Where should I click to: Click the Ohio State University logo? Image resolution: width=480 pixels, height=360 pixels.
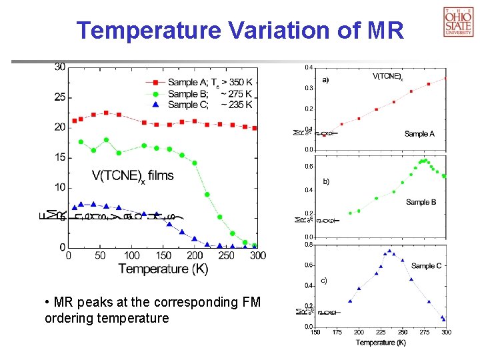click(x=458, y=21)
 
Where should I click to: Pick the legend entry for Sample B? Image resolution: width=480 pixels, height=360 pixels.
click(x=200, y=93)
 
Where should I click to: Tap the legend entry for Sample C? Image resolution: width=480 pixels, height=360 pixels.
click(x=200, y=104)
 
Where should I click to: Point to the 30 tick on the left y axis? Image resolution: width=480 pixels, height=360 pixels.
click(x=60, y=67)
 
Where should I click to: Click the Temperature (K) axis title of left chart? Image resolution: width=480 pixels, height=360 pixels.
click(x=163, y=269)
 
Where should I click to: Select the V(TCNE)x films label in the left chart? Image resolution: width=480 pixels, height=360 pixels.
click(x=132, y=176)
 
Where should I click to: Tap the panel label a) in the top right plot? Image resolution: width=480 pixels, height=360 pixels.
click(x=326, y=79)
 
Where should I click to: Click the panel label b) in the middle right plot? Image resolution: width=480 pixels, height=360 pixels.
click(x=326, y=181)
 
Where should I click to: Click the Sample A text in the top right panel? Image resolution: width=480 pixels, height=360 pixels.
click(x=419, y=134)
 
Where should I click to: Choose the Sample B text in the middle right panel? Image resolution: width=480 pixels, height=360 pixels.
click(x=421, y=202)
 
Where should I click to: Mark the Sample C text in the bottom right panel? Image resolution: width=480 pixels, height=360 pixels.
click(x=426, y=266)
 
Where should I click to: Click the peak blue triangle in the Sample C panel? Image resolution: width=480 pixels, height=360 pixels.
click(x=390, y=251)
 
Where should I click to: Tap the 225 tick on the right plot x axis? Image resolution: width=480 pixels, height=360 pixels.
click(x=381, y=332)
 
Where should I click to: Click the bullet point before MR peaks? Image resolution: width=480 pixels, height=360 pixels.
click(x=47, y=303)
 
